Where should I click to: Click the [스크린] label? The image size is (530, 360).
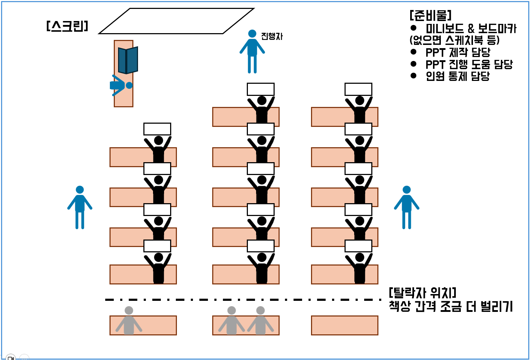(67, 26)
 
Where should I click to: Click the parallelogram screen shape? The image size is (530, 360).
(176, 21)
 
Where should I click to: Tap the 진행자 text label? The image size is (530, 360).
(272, 36)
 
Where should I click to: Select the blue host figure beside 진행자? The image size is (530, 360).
(252, 51)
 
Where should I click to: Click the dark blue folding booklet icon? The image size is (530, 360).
(128, 60)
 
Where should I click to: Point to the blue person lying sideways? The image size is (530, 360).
(121, 85)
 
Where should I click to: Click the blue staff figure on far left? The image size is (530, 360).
(80, 207)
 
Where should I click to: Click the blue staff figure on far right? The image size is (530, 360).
(407, 207)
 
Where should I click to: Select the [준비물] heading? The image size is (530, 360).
(430, 15)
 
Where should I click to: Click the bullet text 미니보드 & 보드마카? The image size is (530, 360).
(471, 29)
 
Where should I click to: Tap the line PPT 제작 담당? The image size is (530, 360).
(458, 52)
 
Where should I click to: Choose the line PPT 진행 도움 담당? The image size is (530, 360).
(469, 65)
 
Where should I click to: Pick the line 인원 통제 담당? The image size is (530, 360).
(458, 76)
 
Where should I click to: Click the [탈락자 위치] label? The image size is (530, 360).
(422, 293)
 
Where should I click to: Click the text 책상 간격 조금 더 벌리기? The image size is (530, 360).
(451, 306)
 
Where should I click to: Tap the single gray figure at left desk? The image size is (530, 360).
(129, 321)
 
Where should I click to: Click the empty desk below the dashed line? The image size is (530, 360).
(345, 325)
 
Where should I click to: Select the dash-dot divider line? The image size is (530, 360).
(243, 300)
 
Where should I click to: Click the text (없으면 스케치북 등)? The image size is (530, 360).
(454, 40)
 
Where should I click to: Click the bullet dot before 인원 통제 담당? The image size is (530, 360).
(413, 76)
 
